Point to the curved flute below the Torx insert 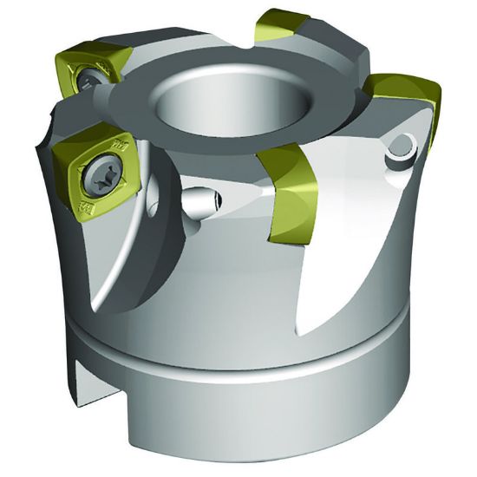click(x=121, y=260)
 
